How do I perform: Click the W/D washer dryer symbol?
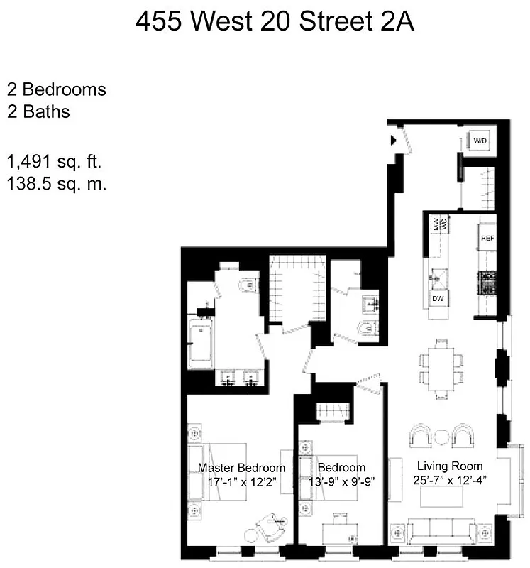point(481,141)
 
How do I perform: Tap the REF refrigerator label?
point(487,239)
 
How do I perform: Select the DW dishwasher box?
point(438,299)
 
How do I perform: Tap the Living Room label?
point(450,466)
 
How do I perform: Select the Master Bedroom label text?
point(241,468)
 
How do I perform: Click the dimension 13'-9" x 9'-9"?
point(341,481)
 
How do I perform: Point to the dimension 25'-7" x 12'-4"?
point(450,480)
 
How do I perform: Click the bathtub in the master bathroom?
point(201,343)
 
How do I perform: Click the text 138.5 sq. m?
point(56,184)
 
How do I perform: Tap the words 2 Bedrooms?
point(57,90)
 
